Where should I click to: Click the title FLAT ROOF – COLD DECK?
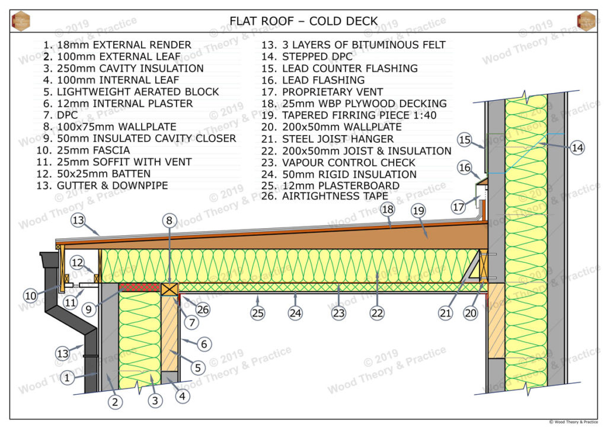[303, 21]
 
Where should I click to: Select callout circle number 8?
[170, 221]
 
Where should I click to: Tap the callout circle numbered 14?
[577, 148]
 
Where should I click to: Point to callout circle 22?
[378, 313]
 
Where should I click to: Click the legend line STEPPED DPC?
[310, 56]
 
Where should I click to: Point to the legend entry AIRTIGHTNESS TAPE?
[327, 196]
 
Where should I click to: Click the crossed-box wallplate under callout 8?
[170, 289]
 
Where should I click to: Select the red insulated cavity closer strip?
[140, 287]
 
